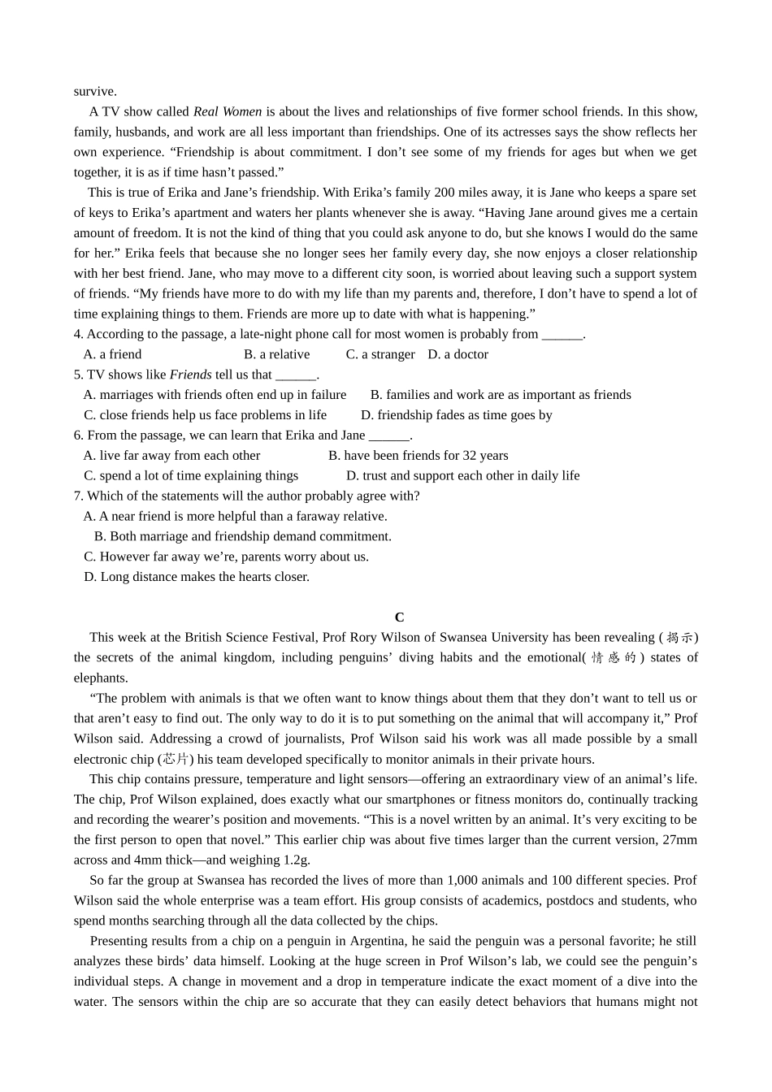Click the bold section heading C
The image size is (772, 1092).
click(x=399, y=617)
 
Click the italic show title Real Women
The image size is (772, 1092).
click(x=228, y=111)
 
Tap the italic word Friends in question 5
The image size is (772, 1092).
click(x=190, y=375)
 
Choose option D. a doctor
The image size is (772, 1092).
click(x=458, y=354)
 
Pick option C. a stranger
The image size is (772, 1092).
click(x=380, y=354)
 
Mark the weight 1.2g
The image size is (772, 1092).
click(x=294, y=860)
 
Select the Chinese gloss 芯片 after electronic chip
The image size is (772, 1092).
click(x=176, y=759)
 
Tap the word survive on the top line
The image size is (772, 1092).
click(x=95, y=91)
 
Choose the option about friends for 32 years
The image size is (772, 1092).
click(x=419, y=456)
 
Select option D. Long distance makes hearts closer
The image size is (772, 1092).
click(x=197, y=577)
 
